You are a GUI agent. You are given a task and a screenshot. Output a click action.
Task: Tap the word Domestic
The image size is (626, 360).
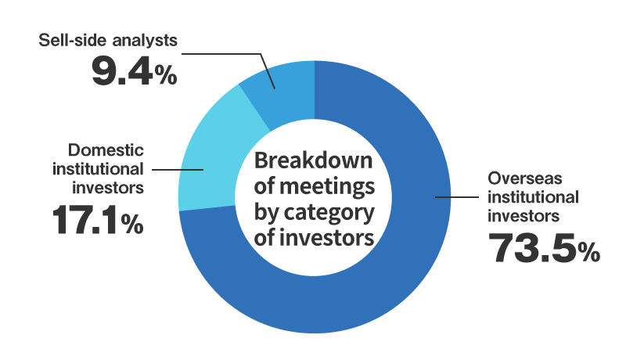(106, 149)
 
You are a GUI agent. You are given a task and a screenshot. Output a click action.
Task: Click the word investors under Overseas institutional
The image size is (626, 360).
(517, 213)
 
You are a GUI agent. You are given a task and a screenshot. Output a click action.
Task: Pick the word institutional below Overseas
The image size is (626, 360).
(532, 196)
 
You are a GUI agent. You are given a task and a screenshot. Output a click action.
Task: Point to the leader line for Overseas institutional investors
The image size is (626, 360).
(458, 197)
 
